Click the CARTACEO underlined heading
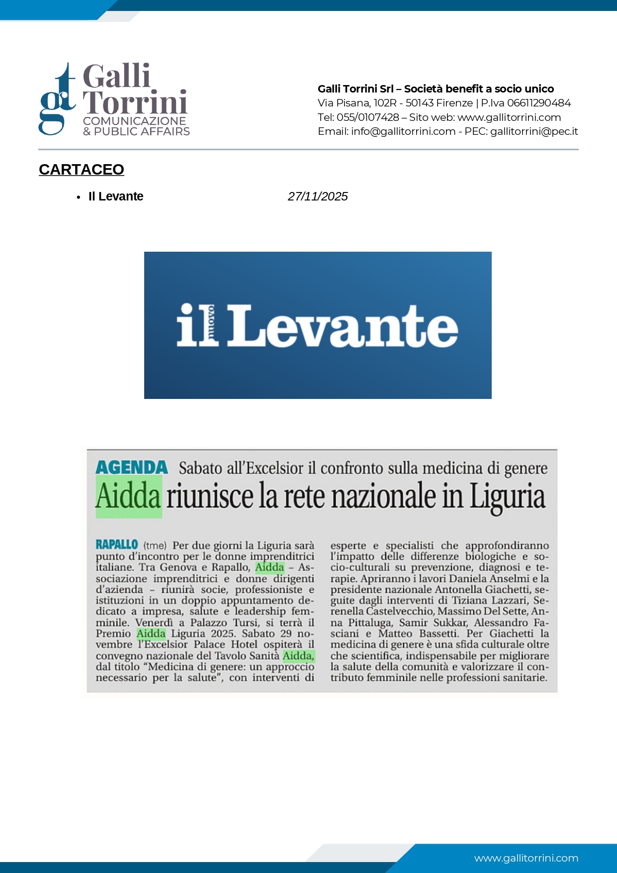pos(82,170)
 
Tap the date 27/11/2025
pos(318,196)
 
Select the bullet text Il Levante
pos(116,196)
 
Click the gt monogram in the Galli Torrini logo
pos(57,99)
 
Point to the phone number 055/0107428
pos(368,117)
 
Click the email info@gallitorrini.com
pos(403,131)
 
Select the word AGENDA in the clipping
pos(132,468)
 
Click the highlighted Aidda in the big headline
pos(129,496)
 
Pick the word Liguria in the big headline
pos(508,497)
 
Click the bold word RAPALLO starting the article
pos(117,545)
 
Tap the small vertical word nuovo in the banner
pos(211,325)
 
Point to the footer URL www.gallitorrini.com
pos(526,858)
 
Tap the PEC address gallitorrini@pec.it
pos(534,131)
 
